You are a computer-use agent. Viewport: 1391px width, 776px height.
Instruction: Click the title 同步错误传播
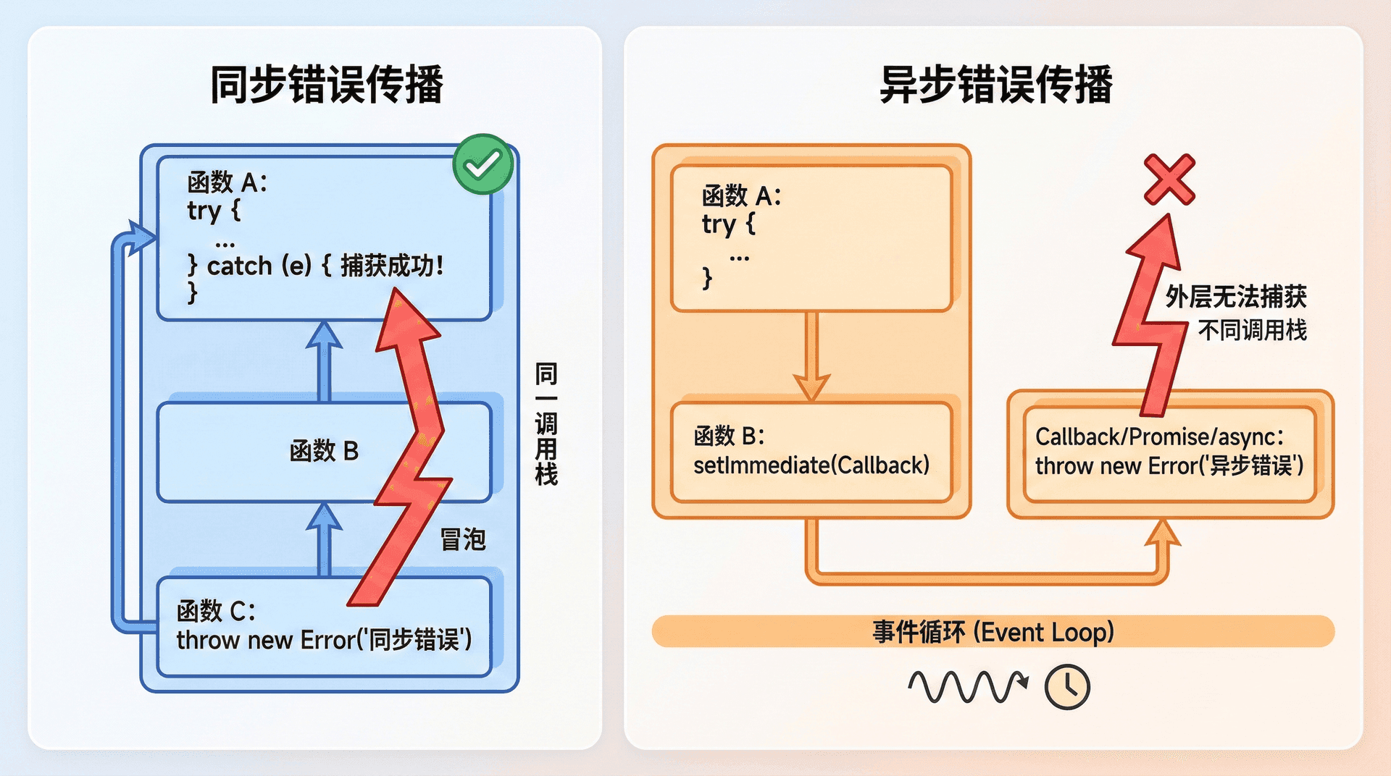click(326, 85)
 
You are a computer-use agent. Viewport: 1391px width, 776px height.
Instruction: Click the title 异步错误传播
click(995, 85)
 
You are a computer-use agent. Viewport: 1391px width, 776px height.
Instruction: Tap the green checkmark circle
click(483, 164)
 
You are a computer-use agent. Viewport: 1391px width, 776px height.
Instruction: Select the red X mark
click(1169, 179)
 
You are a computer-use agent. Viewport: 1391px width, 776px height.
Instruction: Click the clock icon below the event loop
click(1067, 687)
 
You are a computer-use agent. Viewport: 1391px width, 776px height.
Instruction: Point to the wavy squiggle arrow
click(966, 687)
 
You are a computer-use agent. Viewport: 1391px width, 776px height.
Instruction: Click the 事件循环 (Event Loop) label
click(993, 632)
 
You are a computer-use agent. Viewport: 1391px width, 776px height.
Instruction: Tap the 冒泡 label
click(463, 539)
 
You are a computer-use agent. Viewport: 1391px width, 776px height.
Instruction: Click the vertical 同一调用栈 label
click(546, 424)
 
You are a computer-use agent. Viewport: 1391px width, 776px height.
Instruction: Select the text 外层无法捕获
click(1236, 297)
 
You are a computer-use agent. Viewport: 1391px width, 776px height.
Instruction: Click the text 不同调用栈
click(1253, 331)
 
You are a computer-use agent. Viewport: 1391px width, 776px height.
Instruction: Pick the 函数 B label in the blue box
click(324, 451)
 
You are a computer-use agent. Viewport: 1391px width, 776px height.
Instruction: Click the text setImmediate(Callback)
click(811, 465)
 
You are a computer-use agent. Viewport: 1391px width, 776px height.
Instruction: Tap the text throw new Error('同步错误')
click(324, 640)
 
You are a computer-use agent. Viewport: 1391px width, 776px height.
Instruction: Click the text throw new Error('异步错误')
click(1169, 465)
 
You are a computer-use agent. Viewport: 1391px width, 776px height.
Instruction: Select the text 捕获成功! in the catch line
click(391, 266)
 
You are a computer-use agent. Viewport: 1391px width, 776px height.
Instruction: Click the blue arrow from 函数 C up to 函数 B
click(324, 539)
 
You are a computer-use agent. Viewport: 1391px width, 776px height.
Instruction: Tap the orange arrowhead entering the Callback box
click(1163, 534)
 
